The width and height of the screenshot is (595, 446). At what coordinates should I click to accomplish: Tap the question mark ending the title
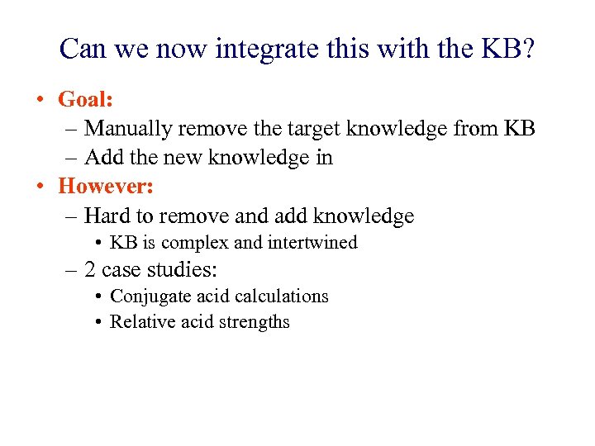(x=528, y=50)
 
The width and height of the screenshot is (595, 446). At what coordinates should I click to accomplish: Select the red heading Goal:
(x=85, y=100)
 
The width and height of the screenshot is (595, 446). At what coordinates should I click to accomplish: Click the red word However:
(x=107, y=186)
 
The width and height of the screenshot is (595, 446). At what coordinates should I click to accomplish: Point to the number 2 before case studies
(x=90, y=270)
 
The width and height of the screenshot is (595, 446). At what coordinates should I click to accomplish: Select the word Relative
(x=141, y=322)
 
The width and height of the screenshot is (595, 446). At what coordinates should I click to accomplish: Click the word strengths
(x=252, y=322)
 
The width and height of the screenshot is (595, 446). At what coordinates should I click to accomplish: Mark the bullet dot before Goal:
(x=39, y=101)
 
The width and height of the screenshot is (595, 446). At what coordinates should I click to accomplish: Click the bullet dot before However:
(x=39, y=187)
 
